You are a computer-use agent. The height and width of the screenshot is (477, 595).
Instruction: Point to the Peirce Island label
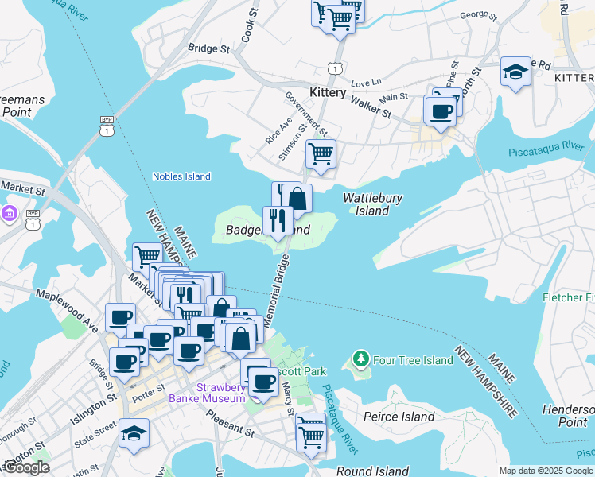point(399,417)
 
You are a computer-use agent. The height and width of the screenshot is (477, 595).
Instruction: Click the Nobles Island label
point(181,176)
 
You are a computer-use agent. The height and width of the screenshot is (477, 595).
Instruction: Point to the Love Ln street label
point(366,82)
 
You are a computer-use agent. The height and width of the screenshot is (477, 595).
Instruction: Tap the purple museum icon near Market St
point(10,213)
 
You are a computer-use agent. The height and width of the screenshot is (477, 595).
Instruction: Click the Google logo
point(25,467)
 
